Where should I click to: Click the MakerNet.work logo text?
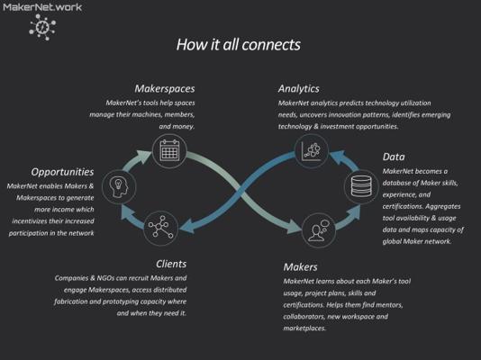point(42,7)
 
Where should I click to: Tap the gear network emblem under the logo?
point(42,27)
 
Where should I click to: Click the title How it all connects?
point(239,44)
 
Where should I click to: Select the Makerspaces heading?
point(165,88)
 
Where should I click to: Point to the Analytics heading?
point(298,88)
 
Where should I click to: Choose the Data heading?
point(394,157)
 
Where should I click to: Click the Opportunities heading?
point(62,172)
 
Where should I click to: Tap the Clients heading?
point(171,264)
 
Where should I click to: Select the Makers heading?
point(300,267)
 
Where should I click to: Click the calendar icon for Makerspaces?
point(169,150)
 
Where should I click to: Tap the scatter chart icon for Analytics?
point(312,150)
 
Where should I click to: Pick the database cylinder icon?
point(361,186)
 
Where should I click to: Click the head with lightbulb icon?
point(119,187)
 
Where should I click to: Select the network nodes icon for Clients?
point(160,228)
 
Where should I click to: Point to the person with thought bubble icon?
point(319,229)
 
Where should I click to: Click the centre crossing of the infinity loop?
point(240,193)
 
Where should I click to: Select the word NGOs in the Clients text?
point(105,278)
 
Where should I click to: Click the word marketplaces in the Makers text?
point(304,328)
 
